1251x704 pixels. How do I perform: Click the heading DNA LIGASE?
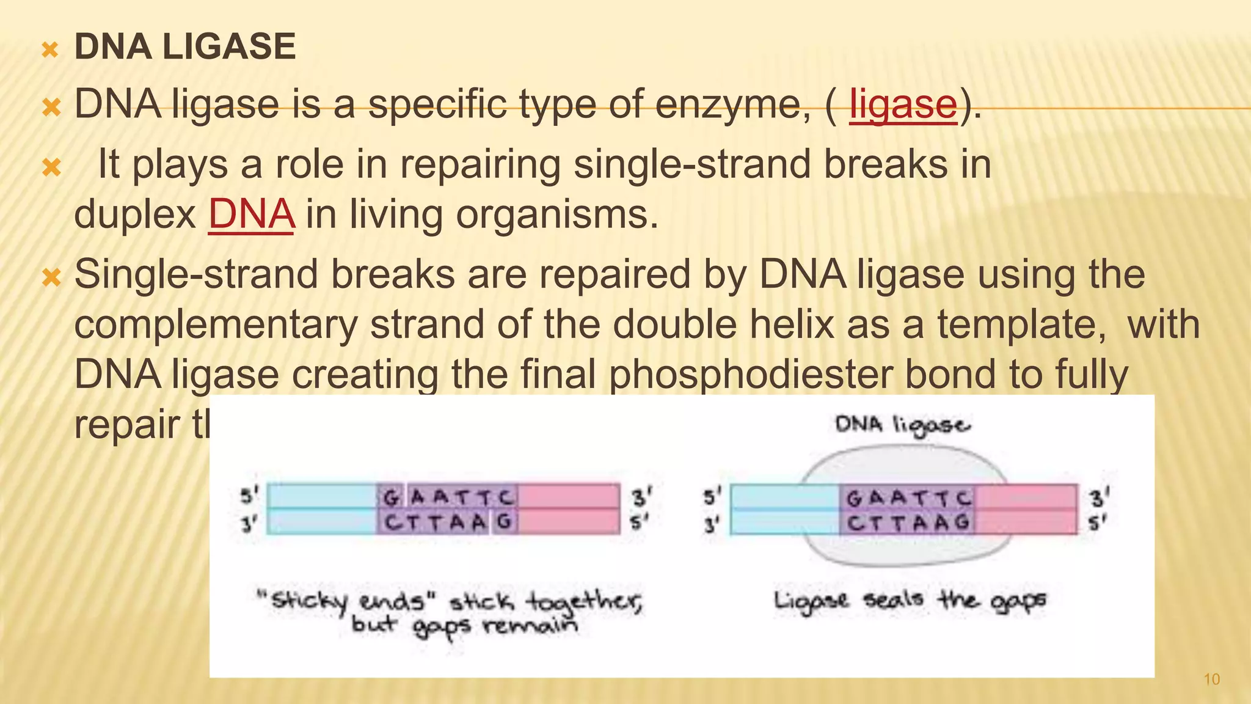(184, 47)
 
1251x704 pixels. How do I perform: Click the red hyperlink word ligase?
(903, 105)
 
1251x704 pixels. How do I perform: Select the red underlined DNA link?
(251, 215)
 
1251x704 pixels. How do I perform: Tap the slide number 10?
(1211, 679)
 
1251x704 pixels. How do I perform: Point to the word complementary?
(216, 324)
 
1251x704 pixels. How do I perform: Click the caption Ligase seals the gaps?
(910, 601)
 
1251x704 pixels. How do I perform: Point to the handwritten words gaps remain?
(495, 627)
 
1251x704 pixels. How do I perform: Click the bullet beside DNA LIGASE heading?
(49, 50)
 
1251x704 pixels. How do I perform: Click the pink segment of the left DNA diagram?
(569, 509)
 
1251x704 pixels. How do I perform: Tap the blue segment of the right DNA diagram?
(784, 509)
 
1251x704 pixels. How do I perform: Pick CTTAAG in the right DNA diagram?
(908, 522)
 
